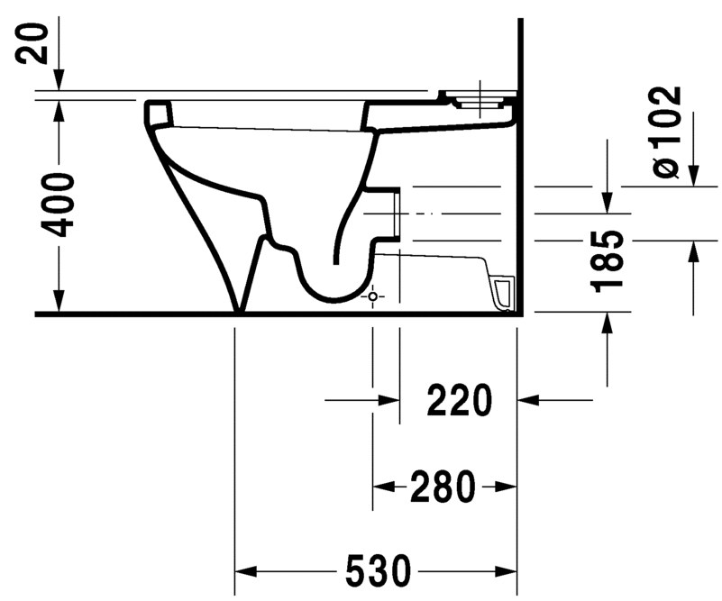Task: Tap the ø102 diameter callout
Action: point(668,132)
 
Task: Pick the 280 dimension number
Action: point(443,487)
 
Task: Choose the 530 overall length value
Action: point(378,570)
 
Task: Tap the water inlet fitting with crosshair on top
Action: point(479,99)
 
